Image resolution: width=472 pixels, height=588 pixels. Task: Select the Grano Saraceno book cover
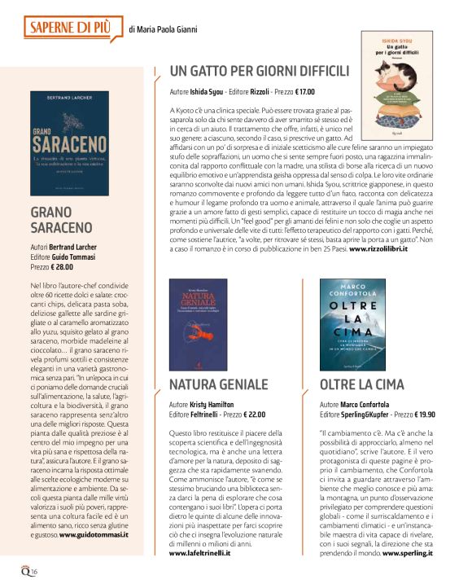(x=69, y=143)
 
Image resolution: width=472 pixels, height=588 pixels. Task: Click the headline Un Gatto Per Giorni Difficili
(x=259, y=70)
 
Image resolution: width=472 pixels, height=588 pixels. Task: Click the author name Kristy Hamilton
(x=216, y=405)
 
